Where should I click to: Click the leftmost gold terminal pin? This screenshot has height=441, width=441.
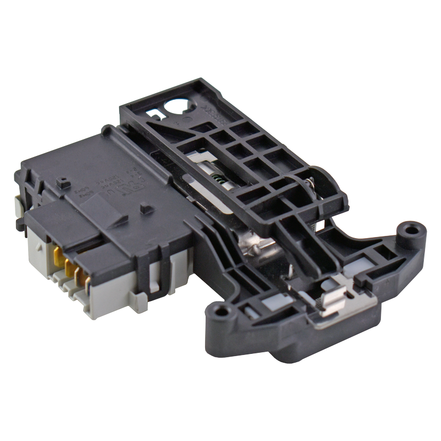(57, 255)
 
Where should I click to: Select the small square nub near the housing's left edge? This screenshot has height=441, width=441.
(64, 182)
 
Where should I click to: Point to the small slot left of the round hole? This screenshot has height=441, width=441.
(156, 115)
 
